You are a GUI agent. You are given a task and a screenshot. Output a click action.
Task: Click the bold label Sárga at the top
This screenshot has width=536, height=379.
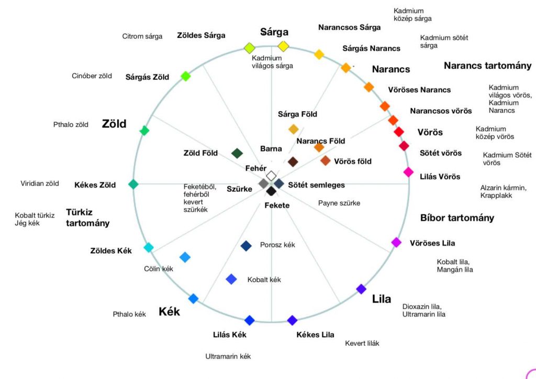(274, 32)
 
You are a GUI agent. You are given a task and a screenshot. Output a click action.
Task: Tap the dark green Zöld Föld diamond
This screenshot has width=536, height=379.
(237, 153)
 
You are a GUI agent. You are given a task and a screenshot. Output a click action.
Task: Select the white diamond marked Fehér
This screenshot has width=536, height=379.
(271, 176)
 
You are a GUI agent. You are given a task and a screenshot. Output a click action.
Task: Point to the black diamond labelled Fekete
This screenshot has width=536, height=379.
(271, 191)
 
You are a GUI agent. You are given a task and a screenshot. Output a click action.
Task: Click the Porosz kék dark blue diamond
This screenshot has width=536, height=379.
(246, 245)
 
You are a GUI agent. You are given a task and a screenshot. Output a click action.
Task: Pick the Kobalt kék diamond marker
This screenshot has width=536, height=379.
(231, 279)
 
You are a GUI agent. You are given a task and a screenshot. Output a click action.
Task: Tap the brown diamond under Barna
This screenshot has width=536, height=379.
(293, 161)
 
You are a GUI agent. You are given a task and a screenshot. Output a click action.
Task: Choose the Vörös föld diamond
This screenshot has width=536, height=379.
(326, 160)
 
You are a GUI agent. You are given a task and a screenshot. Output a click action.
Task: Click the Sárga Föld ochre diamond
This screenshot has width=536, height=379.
(294, 129)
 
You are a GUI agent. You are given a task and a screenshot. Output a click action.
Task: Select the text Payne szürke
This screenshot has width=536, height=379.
(339, 203)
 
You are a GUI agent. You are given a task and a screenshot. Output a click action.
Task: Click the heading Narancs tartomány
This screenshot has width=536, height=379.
(487, 66)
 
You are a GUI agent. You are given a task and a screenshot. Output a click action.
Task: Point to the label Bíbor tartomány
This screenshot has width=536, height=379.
(457, 218)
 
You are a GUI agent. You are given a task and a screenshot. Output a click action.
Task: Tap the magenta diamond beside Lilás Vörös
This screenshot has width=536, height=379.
(408, 171)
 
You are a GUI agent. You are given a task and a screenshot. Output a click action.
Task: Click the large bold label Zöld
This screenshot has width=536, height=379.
(114, 124)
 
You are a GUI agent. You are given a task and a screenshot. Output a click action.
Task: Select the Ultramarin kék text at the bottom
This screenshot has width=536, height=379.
(228, 356)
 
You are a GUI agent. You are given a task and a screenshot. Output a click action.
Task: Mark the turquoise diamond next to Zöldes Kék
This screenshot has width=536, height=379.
(149, 247)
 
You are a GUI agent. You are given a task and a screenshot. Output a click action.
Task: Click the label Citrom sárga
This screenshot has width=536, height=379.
(142, 36)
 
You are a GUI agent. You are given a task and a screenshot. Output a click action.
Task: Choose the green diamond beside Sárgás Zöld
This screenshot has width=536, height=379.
(185, 76)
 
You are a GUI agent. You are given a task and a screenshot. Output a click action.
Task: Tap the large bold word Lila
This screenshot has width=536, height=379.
(381, 299)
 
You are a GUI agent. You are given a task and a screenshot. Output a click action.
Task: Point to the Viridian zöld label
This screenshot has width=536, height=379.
(40, 183)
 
